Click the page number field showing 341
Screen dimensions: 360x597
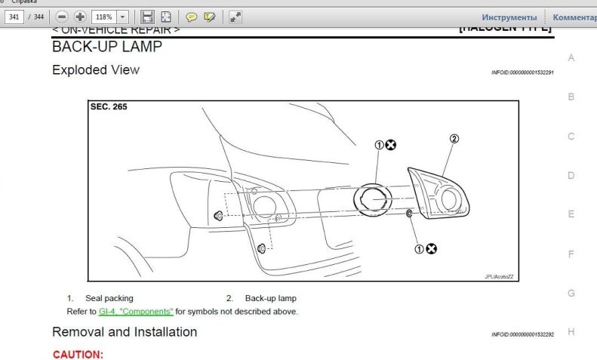pyautogui.click(x=14, y=16)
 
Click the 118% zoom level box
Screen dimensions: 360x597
pyautogui.click(x=103, y=16)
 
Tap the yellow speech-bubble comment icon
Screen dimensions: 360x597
pyautogui.click(x=191, y=16)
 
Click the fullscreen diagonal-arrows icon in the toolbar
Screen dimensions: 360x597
pyautogui.click(x=235, y=16)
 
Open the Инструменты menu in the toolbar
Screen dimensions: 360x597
pyautogui.click(x=509, y=17)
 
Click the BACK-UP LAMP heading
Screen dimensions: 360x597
pyautogui.click(x=106, y=47)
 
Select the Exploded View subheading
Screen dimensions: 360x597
pyautogui.click(x=96, y=70)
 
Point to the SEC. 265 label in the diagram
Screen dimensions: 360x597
pyautogui.click(x=109, y=107)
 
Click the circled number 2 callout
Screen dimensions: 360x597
pyautogui.click(x=454, y=139)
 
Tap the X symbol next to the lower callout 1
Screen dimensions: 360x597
pyautogui.click(x=431, y=248)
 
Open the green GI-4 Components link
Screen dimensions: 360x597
pyautogui.click(x=136, y=311)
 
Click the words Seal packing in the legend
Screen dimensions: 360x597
pyautogui.click(x=109, y=298)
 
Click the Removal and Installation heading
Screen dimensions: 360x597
pyautogui.click(x=125, y=332)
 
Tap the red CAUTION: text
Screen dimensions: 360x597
pyautogui.click(x=78, y=354)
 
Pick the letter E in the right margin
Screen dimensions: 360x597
pyautogui.click(x=571, y=214)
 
